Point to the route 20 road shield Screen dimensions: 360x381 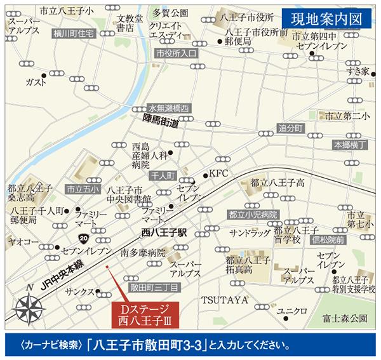(84, 238)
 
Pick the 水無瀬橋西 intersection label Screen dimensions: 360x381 (168, 109)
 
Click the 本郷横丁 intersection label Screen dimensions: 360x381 (351, 145)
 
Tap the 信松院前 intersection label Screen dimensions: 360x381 (328, 241)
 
